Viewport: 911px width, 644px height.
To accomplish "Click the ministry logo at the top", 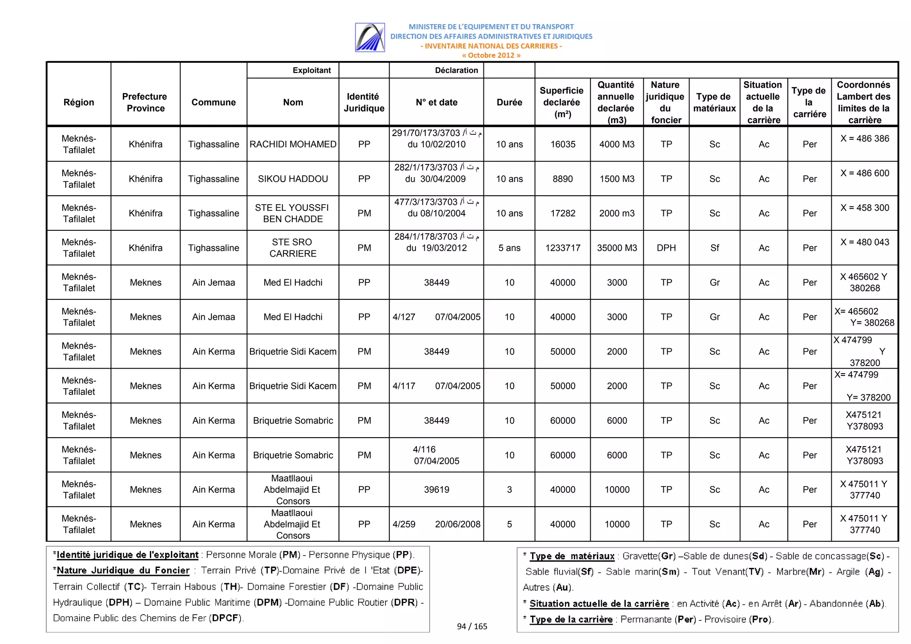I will pos(370,37).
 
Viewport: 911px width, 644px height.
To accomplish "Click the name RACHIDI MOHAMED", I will pos(293,144).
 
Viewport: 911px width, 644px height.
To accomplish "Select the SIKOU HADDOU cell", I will pos(293,179).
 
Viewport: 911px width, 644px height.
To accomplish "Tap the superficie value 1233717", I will pos(563,248).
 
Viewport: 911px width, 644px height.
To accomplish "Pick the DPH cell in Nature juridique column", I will pos(666,248).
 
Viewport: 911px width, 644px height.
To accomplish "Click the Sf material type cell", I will pos(714,248).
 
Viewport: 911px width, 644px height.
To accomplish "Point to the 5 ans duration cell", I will pos(509,248).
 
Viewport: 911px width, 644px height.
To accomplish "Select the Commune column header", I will pos(214,102).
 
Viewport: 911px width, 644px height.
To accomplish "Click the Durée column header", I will pos(509,102).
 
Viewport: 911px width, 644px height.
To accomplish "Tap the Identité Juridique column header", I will pos(364,102).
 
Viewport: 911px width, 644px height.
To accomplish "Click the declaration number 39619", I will pos(436,490).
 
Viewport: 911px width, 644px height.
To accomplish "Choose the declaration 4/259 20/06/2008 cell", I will pos(436,524).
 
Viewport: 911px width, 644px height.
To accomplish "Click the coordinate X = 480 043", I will pos(864,242).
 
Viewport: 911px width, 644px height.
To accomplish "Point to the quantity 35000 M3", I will pos(617,248).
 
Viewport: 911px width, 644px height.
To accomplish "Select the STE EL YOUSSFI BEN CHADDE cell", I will pos(293,213).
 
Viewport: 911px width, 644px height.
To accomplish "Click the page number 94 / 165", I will pos(472,626).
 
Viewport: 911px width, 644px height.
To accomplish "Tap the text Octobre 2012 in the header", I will pos(491,55).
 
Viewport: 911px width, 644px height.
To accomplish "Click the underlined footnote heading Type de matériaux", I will pos(572,556).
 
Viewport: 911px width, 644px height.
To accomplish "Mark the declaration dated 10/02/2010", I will pos(436,144).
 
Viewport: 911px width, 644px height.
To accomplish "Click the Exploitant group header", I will pos(311,70).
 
